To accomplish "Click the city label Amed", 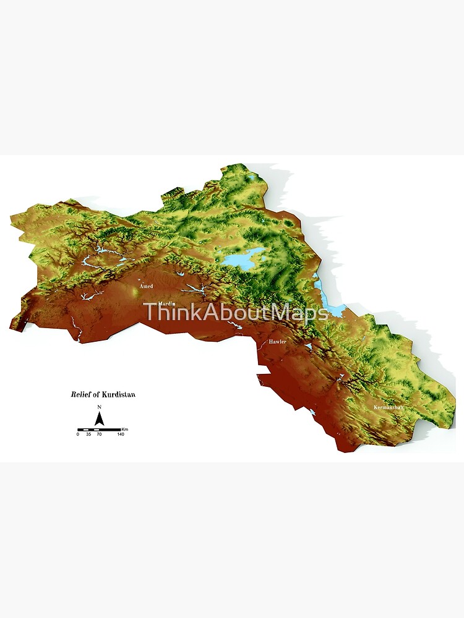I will coord(147,286).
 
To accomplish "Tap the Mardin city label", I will coord(168,304).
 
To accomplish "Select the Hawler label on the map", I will coord(278,341).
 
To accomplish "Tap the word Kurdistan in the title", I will coord(120,394).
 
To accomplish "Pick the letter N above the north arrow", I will coord(99,407).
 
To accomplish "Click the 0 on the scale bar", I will coord(78,434).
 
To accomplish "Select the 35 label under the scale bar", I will coord(88,434).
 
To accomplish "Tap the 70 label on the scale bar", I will coord(99,434).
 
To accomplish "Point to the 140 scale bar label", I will coord(121,434).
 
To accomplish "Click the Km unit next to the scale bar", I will coord(125,428).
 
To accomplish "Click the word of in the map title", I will coord(97,394).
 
